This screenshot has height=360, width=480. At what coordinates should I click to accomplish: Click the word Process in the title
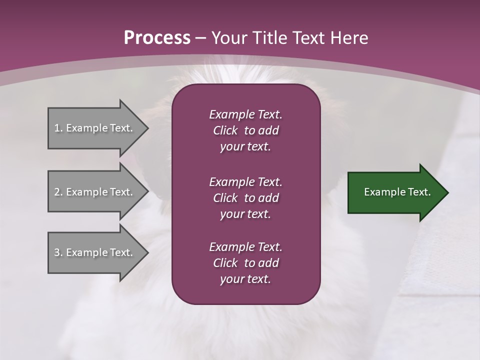point(157,38)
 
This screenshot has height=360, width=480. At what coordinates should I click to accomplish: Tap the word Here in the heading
point(348,38)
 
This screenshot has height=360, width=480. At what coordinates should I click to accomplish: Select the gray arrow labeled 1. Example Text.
point(95,128)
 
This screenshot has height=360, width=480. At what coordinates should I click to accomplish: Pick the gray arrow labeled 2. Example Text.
point(95,192)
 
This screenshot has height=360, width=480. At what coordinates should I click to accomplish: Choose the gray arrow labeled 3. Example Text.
point(95,252)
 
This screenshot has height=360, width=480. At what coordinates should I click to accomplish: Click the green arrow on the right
point(395,192)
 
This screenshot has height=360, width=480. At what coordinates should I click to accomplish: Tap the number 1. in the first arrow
point(58,128)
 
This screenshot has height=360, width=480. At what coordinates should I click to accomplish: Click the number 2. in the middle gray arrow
point(58,192)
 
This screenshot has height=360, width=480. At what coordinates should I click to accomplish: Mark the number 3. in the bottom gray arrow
point(58,252)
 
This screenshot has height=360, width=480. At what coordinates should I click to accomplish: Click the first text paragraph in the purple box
point(245,130)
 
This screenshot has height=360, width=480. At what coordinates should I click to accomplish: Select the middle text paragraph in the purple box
point(245,197)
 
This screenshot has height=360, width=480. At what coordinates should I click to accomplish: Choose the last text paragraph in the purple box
point(245,263)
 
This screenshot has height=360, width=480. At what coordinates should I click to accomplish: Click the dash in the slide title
point(201,38)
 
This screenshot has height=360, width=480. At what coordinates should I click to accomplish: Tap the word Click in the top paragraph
point(225,130)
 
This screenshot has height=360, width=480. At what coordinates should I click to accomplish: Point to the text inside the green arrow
point(397,192)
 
